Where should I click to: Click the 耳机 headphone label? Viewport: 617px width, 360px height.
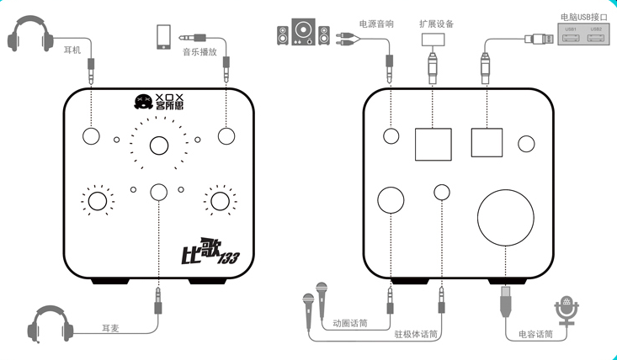pyautogui.click(x=72, y=50)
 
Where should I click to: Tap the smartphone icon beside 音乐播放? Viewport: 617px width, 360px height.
pyautogui.click(x=163, y=38)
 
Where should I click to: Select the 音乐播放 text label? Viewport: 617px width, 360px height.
pyautogui.click(x=200, y=51)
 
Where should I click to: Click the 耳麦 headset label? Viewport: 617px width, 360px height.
pyautogui.click(x=109, y=326)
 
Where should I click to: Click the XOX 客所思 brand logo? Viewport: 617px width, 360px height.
pyautogui.click(x=159, y=104)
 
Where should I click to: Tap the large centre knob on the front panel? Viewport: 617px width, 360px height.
pyautogui.click(x=159, y=146)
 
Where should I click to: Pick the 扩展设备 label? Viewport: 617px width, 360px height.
pyautogui.click(x=434, y=24)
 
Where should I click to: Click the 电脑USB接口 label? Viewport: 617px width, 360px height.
pyautogui.click(x=582, y=16)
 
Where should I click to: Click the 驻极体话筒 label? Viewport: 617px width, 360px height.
pyautogui.click(x=416, y=334)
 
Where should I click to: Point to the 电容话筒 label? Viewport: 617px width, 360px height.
pyautogui.click(x=535, y=334)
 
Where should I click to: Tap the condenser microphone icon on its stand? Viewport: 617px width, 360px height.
pyautogui.click(x=566, y=311)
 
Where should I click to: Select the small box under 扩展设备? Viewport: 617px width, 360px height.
pyautogui.click(x=434, y=39)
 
